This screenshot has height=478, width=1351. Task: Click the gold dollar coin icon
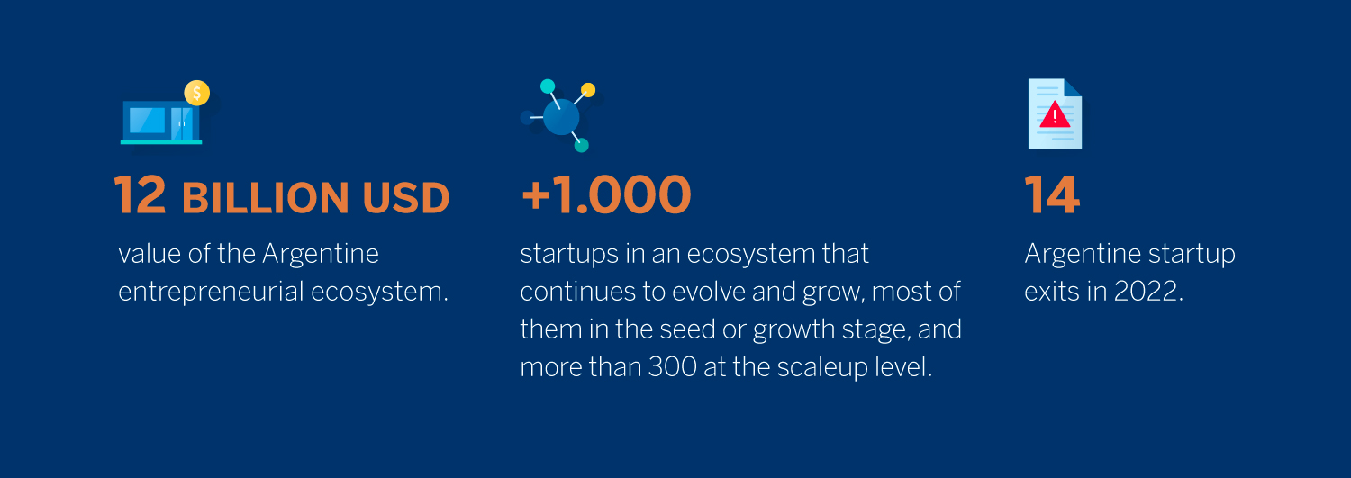(x=196, y=93)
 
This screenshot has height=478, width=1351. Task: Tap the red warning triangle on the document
(x=1055, y=114)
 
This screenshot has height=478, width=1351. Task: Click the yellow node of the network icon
(x=588, y=90)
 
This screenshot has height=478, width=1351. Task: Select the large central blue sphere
(x=561, y=117)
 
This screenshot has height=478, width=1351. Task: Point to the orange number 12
(x=140, y=194)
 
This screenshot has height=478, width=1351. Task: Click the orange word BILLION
(x=266, y=198)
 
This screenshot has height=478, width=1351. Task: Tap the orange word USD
(x=406, y=198)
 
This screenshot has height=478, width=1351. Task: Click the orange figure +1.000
(x=606, y=194)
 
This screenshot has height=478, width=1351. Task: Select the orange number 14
(x=1052, y=194)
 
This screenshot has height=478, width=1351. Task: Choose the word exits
(x=1052, y=291)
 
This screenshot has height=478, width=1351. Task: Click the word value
(x=150, y=254)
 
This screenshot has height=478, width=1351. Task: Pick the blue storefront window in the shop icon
(x=147, y=120)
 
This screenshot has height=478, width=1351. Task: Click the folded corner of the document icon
(x=1073, y=87)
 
